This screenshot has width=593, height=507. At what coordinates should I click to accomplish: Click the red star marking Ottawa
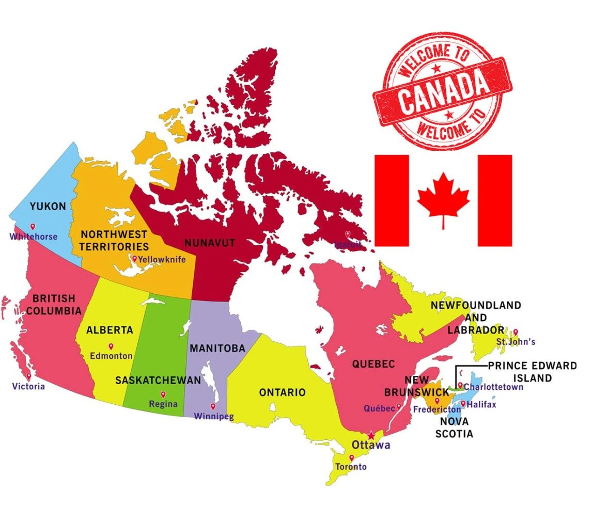click(x=371, y=435)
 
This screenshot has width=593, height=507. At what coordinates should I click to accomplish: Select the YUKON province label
click(x=48, y=207)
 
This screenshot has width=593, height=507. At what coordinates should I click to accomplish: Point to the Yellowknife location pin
click(x=135, y=259)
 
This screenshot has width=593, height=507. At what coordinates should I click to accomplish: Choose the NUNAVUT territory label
click(x=210, y=243)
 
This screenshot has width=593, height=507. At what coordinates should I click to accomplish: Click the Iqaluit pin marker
click(x=348, y=234)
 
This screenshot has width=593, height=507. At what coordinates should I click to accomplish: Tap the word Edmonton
click(x=111, y=356)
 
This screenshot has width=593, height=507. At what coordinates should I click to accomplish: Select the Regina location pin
click(x=163, y=394)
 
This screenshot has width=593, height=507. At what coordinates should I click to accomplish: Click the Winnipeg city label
click(x=214, y=417)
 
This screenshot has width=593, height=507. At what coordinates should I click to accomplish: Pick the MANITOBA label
click(x=217, y=348)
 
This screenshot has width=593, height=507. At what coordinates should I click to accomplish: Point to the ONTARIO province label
click(x=282, y=392)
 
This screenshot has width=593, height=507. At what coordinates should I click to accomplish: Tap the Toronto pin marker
click(x=352, y=457)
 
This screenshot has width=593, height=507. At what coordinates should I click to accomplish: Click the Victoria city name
click(x=29, y=386)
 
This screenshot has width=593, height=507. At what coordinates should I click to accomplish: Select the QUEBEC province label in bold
click(x=373, y=364)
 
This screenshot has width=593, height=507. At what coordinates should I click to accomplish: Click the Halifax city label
click(x=481, y=405)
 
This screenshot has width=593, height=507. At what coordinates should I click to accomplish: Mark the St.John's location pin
click(x=515, y=332)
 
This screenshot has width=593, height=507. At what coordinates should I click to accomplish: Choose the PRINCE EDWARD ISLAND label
click(x=532, y=372)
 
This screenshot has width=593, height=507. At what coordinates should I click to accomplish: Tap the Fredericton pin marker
click(x=437, y=401)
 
